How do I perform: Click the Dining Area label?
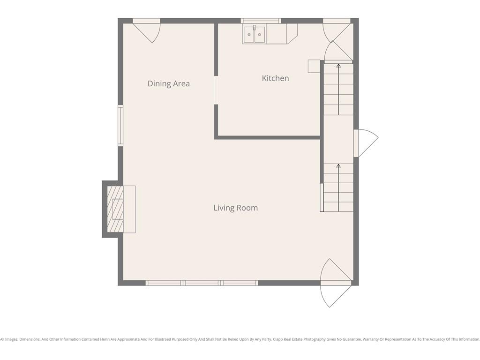coord(168,83)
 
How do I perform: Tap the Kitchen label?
coord(275,78)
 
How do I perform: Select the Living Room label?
coord(235,208)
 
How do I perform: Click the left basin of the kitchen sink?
coord(249,35)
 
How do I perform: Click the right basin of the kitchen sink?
coord(260,35)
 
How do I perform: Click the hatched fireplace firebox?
coord(115,209)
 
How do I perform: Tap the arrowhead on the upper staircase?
coord(338,66)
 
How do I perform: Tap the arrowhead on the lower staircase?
coord(338,165)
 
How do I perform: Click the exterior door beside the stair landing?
coord(366,143)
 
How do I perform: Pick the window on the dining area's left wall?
coord(120,126)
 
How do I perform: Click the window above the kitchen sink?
coord(261,21)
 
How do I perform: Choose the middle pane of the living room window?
coord(202,283)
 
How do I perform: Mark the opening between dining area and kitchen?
coord(216,90)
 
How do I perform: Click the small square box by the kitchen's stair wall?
coord(314,66)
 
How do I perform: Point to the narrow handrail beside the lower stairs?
coord(322,197)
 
